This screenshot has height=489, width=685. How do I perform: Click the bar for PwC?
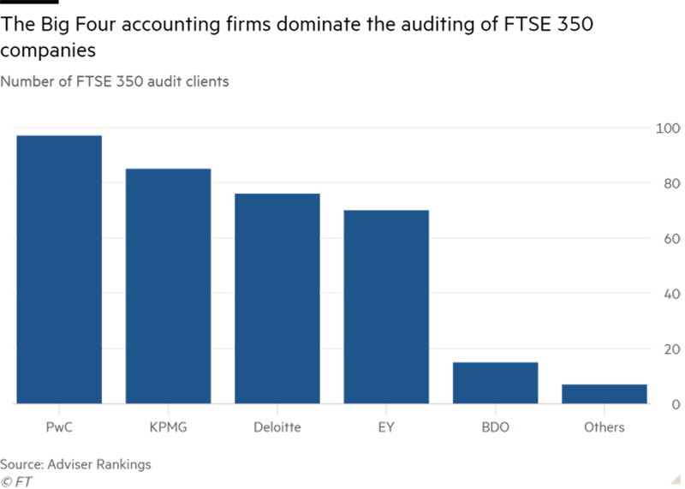coord(58,269)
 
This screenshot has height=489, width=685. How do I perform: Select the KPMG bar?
coord(168,286)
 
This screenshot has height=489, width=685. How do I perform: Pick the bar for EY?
coord(386,307)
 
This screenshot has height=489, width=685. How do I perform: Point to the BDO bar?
coord(496,383)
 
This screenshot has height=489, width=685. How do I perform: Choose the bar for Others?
coord(605,394)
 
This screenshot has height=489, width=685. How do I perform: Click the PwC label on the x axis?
coord(58,426)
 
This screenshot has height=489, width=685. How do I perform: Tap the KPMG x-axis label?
coord(168,426)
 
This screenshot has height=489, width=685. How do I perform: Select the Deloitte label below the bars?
coord(277,426)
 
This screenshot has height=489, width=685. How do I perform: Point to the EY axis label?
coord(386,426)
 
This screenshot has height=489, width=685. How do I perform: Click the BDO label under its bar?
coord(496,426)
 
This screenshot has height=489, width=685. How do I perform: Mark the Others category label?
coord(605,426)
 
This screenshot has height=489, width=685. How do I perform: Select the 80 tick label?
coord(668,183)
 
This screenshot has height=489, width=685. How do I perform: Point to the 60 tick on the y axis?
coord(668,238)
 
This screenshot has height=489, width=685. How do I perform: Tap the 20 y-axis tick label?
coord(668,349)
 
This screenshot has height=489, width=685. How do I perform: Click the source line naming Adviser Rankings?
coord(75,464)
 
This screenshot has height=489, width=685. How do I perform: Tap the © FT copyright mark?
coord(16,480)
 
